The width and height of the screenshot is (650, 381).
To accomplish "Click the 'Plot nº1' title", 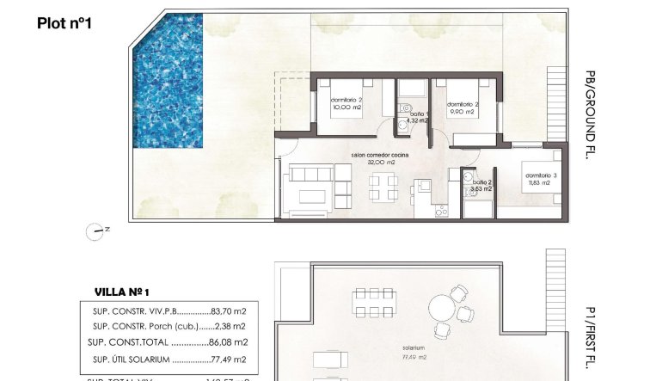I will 64,24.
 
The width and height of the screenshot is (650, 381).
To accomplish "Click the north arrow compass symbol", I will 95,230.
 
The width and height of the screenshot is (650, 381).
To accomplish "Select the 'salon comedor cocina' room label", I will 379,155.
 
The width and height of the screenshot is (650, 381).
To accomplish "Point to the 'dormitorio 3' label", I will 542,175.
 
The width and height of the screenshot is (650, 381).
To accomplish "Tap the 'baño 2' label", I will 482,182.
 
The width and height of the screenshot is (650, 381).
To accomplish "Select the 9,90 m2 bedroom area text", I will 462,112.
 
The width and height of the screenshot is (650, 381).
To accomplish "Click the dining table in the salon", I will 382,187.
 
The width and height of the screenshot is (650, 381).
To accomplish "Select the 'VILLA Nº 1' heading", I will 127,292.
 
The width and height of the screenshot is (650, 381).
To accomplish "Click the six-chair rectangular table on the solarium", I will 371,304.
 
